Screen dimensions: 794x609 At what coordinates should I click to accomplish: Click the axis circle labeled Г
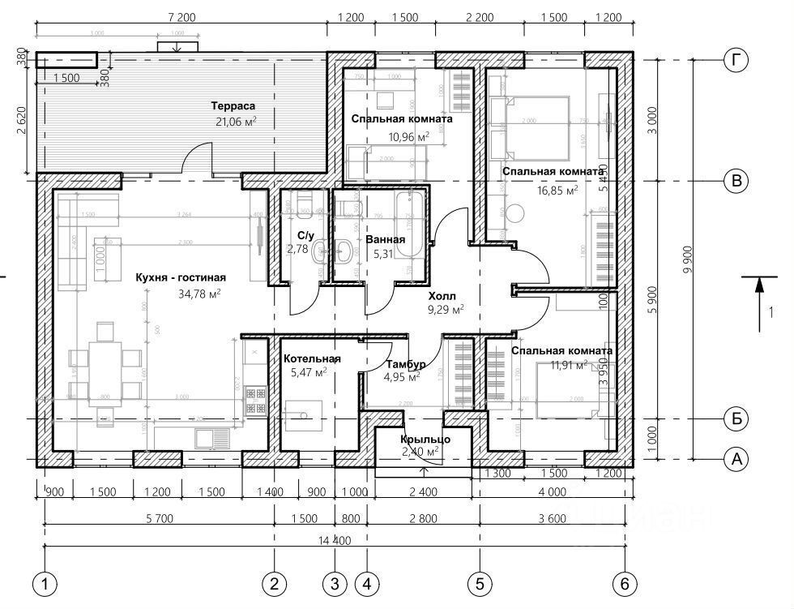pos(735,60)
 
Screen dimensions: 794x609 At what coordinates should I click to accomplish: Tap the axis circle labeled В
pos(735,181)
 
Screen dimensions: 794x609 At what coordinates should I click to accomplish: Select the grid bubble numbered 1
pos(45,582)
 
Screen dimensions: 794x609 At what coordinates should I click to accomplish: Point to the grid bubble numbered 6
pos(625,582)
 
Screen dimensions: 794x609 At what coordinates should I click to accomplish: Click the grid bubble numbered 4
pos(367,582)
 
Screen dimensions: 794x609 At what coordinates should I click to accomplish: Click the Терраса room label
pos(233,106)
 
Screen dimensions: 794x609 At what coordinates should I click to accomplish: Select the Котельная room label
pos(311,358)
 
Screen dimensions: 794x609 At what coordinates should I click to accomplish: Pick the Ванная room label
pos(385,240)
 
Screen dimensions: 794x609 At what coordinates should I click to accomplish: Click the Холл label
pos(442,296)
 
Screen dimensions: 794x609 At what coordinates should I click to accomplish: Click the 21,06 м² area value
pos(233,122)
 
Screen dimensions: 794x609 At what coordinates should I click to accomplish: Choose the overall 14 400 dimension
pos(334,539)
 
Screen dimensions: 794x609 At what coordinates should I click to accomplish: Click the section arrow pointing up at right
pos(759,304)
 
